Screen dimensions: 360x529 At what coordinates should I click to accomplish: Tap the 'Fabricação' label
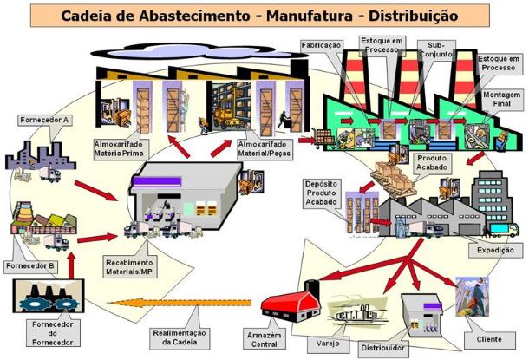coord(321,43)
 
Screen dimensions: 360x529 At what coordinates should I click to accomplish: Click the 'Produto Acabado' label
coord(434,165)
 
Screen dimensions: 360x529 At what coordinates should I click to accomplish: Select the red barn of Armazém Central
coord(291,303)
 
